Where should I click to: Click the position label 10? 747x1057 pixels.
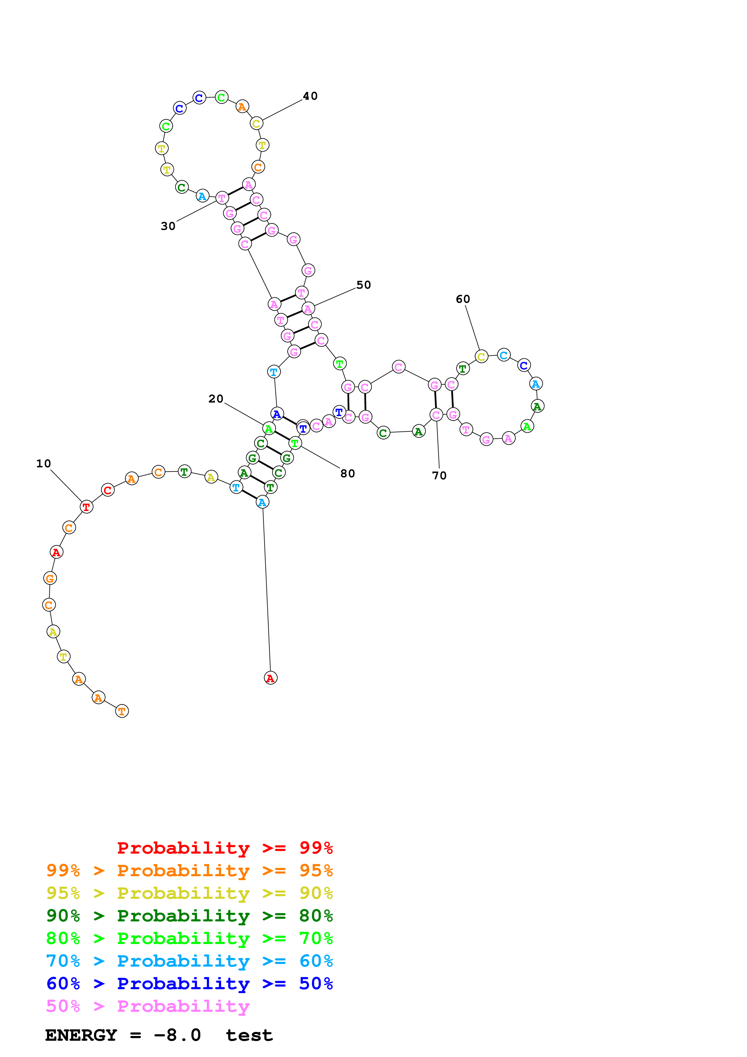(x=44, y=464)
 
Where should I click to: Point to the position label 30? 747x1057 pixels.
(x=168, y=226)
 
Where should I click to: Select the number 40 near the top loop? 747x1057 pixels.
(x=310, y=96)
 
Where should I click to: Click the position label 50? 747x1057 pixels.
(x=364, y=285)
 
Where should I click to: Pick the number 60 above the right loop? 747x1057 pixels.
(x=463, y=299)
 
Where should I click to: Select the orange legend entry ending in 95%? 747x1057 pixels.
(x=190, y=870)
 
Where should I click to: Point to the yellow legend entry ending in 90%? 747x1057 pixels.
(x=190, y=893)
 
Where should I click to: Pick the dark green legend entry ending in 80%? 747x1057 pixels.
(x=190, y=916)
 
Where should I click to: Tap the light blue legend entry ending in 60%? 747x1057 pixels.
(x=190, y=961)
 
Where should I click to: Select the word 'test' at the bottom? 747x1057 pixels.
(x=249, y=1035)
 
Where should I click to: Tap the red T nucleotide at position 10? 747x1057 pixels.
(x=86, y=507)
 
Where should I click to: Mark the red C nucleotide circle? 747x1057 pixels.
(x=108, y=490)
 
